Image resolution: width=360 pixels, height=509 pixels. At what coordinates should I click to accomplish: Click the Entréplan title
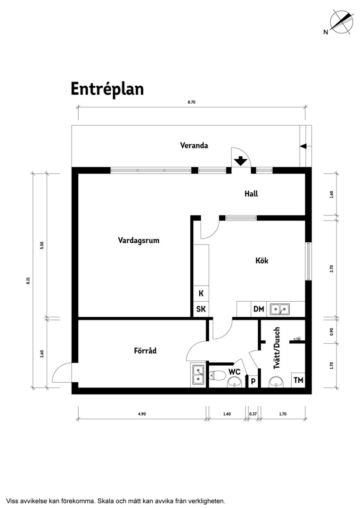coord(107,89)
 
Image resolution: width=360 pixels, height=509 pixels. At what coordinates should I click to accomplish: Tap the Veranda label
coord(194,146)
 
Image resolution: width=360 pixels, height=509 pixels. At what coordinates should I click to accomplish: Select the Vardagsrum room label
coord(139,241)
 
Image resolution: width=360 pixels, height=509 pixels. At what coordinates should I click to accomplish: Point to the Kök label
coord(262,260)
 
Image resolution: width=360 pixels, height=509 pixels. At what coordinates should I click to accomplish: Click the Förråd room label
coord(145,351)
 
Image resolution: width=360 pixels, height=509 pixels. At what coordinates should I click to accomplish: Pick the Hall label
coord(251,194)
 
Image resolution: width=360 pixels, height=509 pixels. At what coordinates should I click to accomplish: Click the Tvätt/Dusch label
coord(277,348)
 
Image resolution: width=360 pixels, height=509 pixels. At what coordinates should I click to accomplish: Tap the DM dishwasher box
coord(259,309)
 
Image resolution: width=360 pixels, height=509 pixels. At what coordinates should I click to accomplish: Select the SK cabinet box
coord(201,309)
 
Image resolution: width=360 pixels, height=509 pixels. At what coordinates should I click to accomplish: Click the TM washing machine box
coord(298,380)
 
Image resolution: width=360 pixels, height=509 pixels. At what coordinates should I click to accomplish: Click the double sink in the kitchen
coord(279,309)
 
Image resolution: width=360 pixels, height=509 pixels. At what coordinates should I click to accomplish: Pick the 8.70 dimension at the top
coord(191,102)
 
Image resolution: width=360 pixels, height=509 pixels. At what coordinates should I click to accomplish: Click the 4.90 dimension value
coord(142,414)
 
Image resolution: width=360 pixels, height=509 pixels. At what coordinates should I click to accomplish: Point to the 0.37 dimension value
coord(253,414)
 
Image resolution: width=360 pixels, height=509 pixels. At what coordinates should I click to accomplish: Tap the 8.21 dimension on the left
coord(28,280)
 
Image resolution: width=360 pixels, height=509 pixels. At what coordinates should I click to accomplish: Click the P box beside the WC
coord(253,382)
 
